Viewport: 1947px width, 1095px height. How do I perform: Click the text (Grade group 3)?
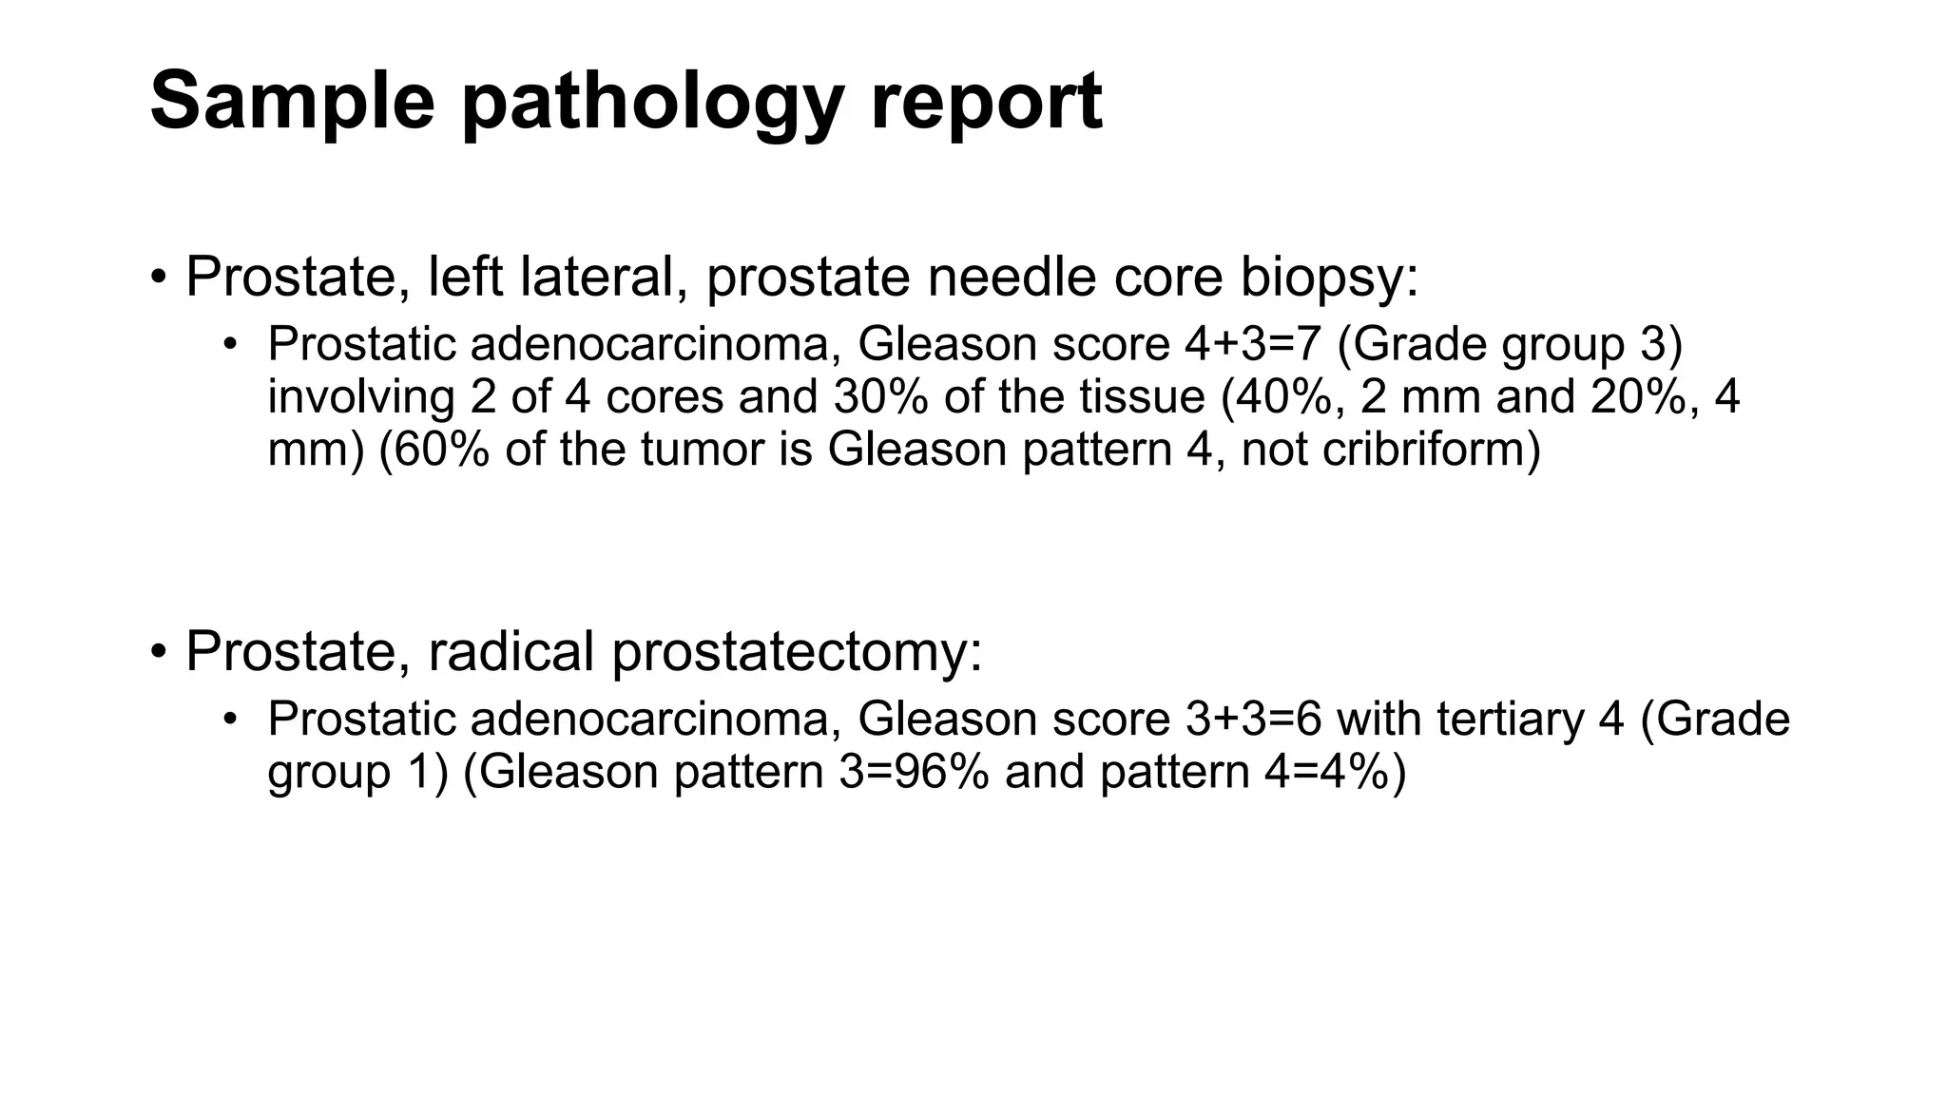coord(1510,344)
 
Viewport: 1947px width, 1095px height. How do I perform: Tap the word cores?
coord(664,396)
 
